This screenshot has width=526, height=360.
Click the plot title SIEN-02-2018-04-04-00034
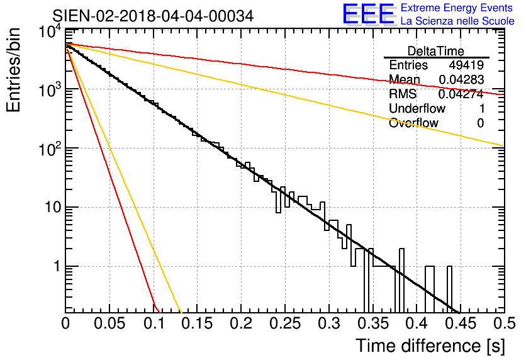(x=153, y=16)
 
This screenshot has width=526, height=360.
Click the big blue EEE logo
(x=369, y=14)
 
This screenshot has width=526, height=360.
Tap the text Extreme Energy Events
(x=457, y=8)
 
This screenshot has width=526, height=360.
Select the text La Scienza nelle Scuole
(x=457, y=21)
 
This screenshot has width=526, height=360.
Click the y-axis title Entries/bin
(x=13, y=70)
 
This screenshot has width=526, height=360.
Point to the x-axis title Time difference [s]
(x=430, y=346)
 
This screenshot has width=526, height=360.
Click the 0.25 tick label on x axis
(x=285, y=323)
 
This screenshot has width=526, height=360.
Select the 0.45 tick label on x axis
(x=461, y=323)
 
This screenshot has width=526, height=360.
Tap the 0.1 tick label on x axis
(x=154, y=323)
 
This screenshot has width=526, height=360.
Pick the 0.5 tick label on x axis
(x=505, y=323)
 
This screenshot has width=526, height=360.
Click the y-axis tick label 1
(x=57, y=266)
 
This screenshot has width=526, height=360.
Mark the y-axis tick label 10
(x=53, y=207)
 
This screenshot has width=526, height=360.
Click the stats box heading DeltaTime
(x=436, y=51)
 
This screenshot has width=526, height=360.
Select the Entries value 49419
(x=466, y=65)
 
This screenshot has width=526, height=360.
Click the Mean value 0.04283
(x=462, y=80)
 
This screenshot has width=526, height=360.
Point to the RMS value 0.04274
(x=461, y=94)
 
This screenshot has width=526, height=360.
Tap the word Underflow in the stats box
(x=417, y=109)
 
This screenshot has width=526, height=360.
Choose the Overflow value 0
(x=481, y=123)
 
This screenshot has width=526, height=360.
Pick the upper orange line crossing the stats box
(x=285, y=95)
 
